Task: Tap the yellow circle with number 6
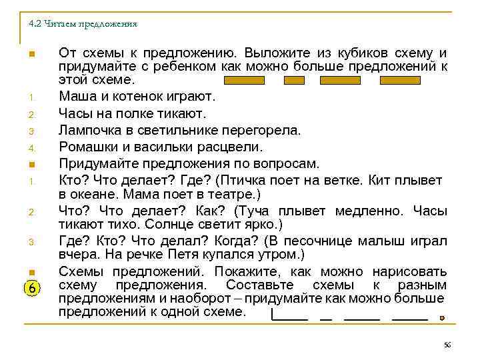pyautogui.click(x=33, y=287)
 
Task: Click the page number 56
pyautogui.click(x=447, y=344)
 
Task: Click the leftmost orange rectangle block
pyautogui.click(x=244, y=81)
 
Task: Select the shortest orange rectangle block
pyautogui.click(x=294, y=81)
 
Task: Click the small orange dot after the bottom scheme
pyautogui.click(x=443, y=319)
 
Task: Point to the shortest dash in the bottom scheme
pyautogui.click(x=326, y=319)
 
